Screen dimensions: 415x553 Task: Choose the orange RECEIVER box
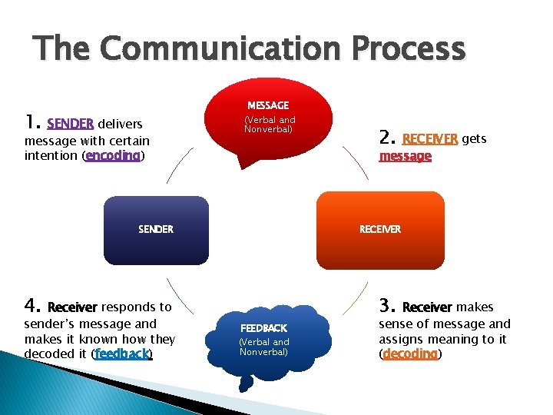pyautogui.click(x=380, y=230)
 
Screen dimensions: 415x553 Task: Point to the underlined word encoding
pyautogui.click(x=113, y=155)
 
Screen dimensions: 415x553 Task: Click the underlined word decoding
pyautogui.click(x=409, y=354)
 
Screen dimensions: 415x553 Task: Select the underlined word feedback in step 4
pyautogui.click(x=122, y=354)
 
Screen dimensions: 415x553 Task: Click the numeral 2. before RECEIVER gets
pyautogui.click(x=387, y=138)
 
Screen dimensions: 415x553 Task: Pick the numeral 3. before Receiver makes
pyautogui.click(x=387, y=307)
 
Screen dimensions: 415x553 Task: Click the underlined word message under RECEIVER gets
pyautogui.click(x=405, y=156)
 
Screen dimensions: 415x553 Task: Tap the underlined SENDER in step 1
pyautogui.click(x=70, y=123)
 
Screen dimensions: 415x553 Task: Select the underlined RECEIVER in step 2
pyautogui.click(x=430, y=139)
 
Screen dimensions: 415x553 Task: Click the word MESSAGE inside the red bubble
pyautogui.click(x=268, y=105)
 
